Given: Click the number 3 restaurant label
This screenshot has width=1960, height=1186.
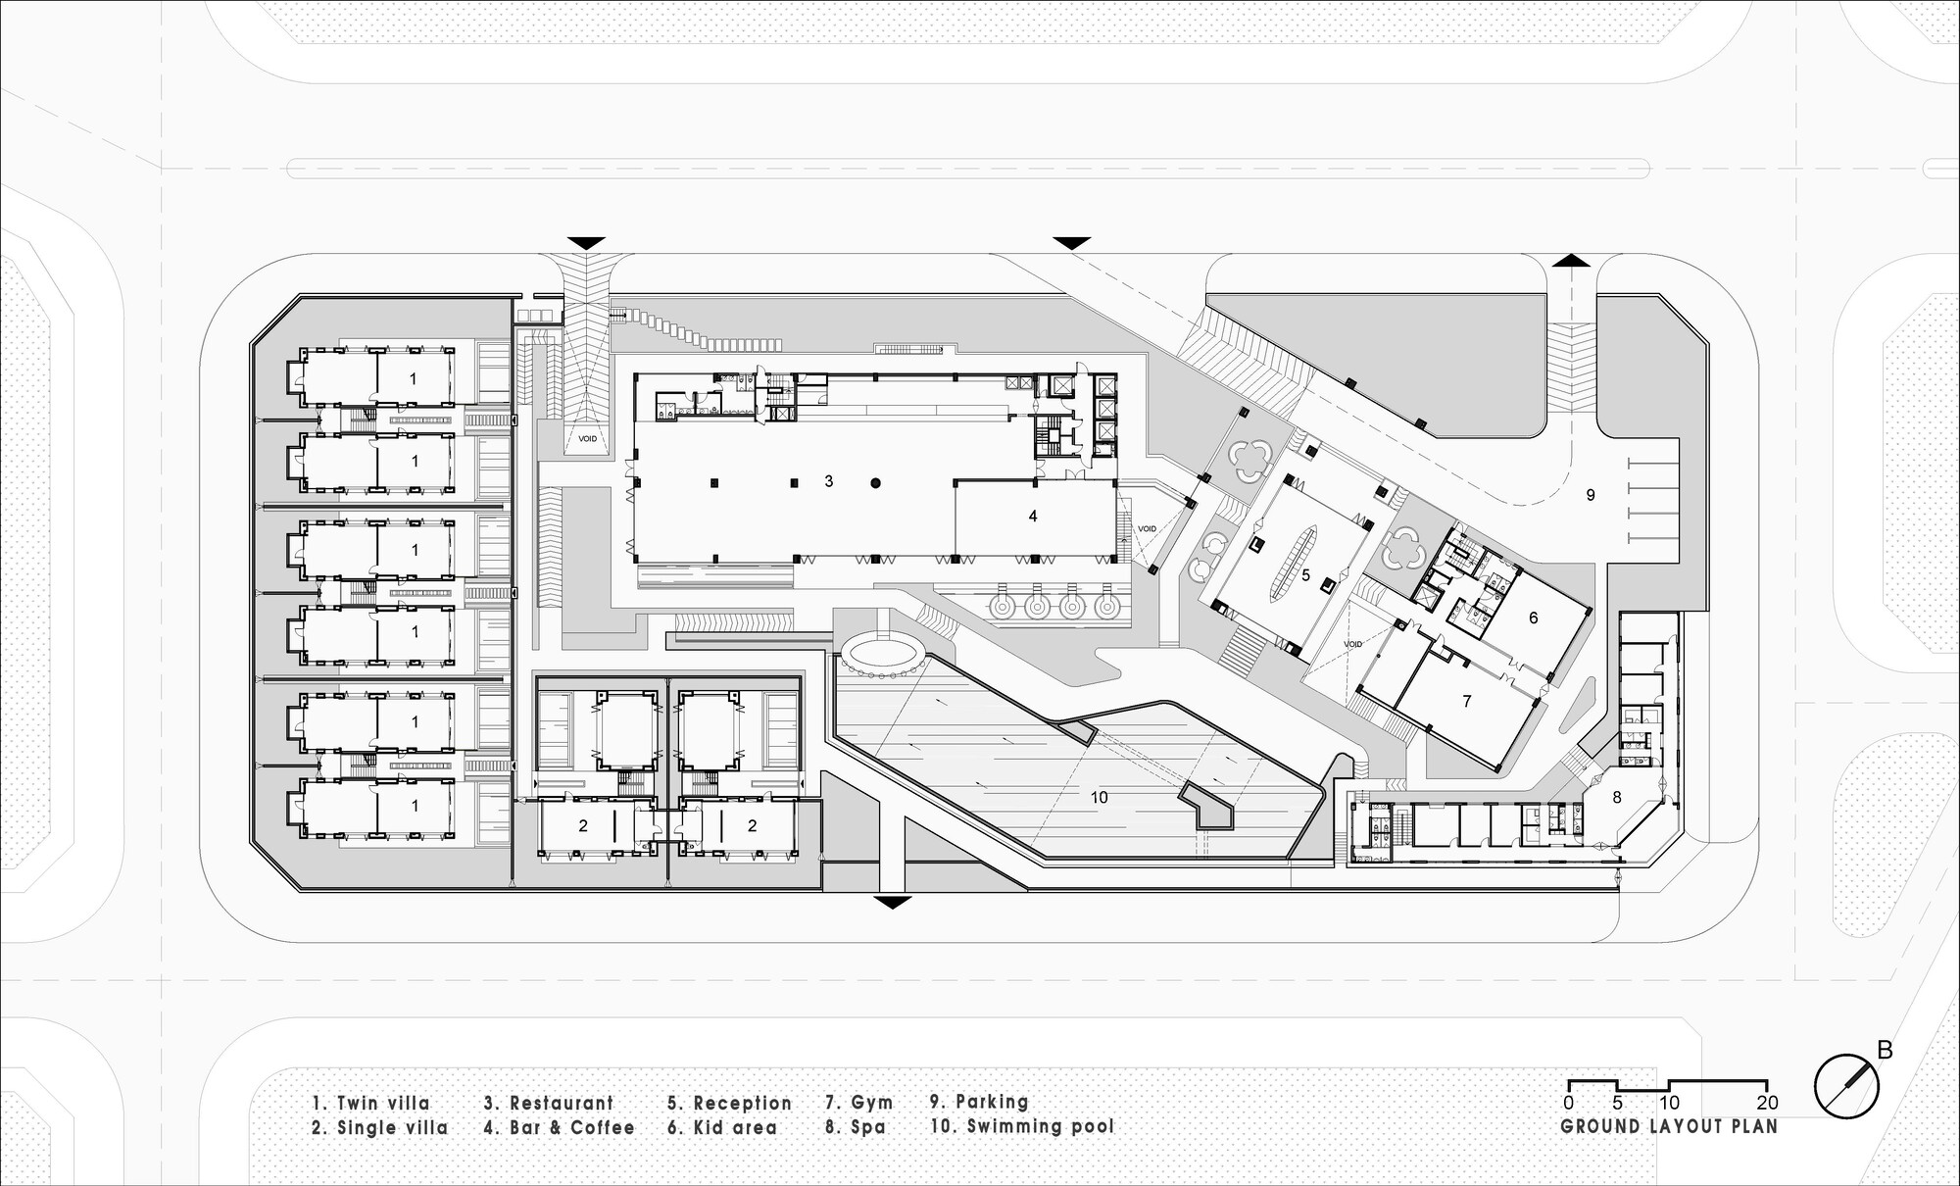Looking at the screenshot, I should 829,481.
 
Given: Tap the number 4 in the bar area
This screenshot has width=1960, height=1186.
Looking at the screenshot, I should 1033,516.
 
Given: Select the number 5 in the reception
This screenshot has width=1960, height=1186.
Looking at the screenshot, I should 1305,575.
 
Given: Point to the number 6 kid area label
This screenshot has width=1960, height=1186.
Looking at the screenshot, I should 1533,618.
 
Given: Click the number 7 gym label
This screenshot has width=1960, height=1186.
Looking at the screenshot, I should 1466,701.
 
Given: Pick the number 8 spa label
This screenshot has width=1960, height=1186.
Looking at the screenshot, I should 1618,797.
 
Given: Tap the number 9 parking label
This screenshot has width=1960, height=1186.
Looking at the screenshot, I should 1591,495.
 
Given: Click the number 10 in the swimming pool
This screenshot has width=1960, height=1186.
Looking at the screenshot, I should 1100,798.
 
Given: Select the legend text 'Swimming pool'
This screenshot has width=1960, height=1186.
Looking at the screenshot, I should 1041,1126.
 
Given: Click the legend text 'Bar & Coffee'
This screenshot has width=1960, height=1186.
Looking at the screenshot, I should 572,1127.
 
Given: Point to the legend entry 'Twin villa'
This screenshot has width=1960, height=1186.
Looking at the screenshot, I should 383,1103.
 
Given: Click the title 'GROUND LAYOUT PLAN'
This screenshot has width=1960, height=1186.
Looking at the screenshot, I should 1668,1126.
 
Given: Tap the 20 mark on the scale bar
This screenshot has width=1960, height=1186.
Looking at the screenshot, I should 1767,1103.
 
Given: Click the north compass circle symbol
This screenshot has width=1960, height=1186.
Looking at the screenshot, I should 1846,1084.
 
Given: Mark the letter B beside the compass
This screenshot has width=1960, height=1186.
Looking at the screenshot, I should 1885,1050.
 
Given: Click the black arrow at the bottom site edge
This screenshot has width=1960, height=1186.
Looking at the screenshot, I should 890,902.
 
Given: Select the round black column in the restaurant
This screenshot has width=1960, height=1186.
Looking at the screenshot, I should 877,482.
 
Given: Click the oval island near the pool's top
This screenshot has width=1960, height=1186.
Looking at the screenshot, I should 885,651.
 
